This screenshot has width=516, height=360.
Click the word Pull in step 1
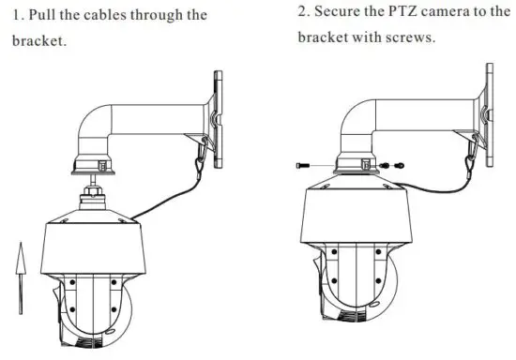click(x=42, y=16)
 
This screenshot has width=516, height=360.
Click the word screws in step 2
click(x=415, y=39)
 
